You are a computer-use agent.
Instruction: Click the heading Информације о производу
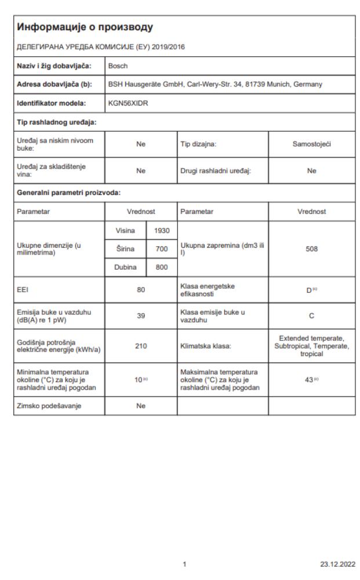point(85,27)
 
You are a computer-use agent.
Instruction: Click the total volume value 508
point(311,249)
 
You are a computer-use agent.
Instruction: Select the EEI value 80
point(140,291)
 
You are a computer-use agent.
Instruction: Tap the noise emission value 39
point(140,317)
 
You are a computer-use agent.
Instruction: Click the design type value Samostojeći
point(311,144)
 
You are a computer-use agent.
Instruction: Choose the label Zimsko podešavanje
point(48,406)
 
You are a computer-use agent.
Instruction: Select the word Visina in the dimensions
point(125,230)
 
